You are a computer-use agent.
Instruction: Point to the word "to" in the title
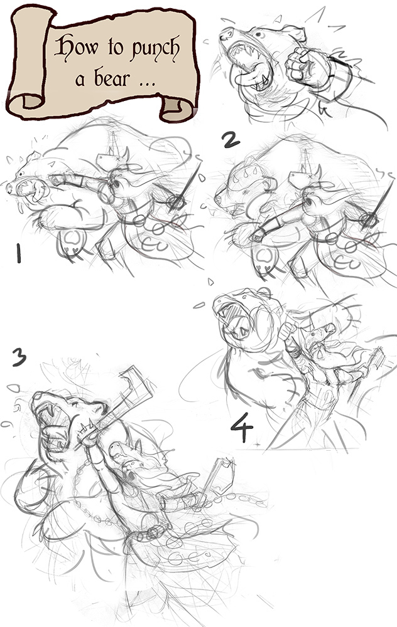tap(115, 48)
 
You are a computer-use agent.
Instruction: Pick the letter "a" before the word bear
tap(80, 81)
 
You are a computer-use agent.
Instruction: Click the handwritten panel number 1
tap(18, 253)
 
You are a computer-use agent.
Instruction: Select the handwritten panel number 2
tap(231, 140)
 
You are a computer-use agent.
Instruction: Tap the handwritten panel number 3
tap(19, 357)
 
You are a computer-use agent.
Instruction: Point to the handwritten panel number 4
tap(242, 427)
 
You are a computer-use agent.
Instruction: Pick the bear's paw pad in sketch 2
tap(265, 258)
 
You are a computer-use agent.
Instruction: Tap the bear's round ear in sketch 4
tap(264, 292)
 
